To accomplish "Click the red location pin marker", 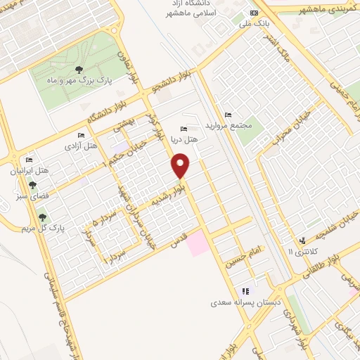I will pyautogui.click(x=181, y=167).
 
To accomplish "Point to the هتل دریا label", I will pyautogui.click(x=188, y=139).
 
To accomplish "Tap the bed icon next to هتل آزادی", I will pyautogui.click(x=82, y=135).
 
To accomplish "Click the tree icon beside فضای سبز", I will pyautogui.click(x=32, y=185).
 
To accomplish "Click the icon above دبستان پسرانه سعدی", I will pyautogui.click(x=245, y=291).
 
